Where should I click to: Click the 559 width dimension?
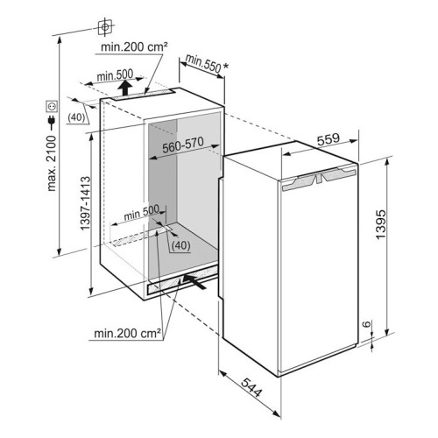(x=328, y=139)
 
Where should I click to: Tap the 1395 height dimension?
(x=380, y=224)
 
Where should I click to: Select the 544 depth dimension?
(x=251, y=387)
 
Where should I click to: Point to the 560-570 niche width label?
(x=183, y=145)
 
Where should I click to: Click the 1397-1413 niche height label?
(x=85, y=203)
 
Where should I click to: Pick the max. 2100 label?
(x=51, y=163)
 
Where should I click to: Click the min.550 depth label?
(x=203, y=64)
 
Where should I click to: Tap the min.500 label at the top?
(x=115, y=75)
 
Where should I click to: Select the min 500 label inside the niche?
(x=142, y=212)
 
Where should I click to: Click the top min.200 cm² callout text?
(x=134, y=46)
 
